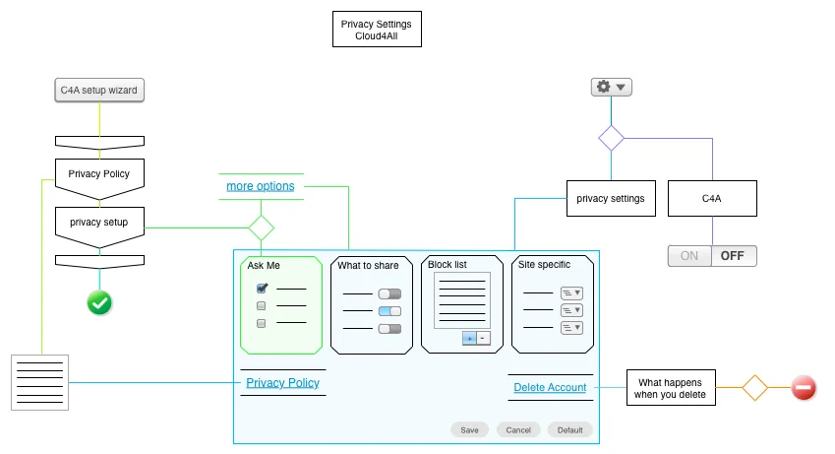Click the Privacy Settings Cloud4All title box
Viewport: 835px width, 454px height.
(377, 30)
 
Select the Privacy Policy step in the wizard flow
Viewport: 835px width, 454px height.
(99, 174)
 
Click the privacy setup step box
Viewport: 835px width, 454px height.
(99, 223)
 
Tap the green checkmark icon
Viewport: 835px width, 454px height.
(99, 302)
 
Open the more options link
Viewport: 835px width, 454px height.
(260, 186)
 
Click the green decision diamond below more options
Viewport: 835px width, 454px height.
(261, 228)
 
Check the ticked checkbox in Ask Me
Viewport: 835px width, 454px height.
(262, 289)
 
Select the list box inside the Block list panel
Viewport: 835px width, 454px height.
(461, 300)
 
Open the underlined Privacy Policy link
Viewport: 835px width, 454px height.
(282, 383)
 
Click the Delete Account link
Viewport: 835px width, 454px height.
(550, 388)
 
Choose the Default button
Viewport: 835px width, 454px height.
(570, 430)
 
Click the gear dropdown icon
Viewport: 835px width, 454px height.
(611, 88)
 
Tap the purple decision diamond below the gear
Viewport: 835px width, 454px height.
(612, 138)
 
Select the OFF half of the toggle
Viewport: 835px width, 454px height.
(733, 256)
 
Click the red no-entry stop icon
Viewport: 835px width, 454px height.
(804, 388)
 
